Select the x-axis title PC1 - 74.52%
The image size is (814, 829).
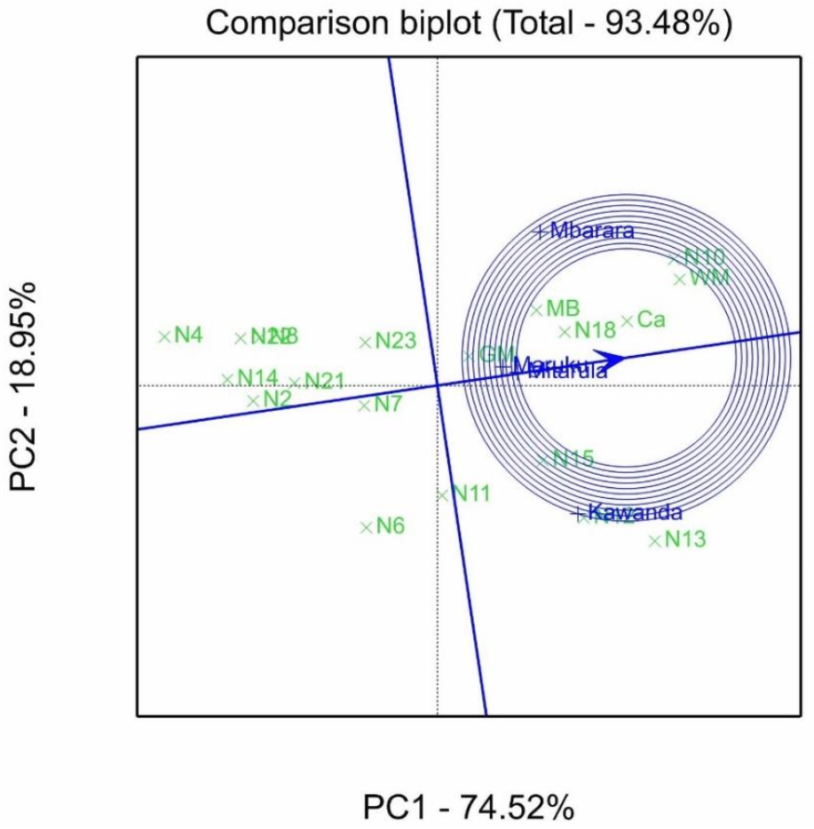coord(469,808)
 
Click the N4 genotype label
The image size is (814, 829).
coord(188,336)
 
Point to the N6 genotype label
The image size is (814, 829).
coord(390,526)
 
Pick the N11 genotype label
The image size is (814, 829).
coord(470,493)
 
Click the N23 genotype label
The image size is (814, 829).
coord(395,341)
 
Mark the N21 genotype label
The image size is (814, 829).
coord(324,382)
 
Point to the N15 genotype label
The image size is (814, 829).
coord(573,459)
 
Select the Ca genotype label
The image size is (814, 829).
coord(652,320)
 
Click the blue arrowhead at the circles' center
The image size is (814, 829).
coord(610,359)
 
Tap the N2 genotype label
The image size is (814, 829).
coord(277,399)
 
